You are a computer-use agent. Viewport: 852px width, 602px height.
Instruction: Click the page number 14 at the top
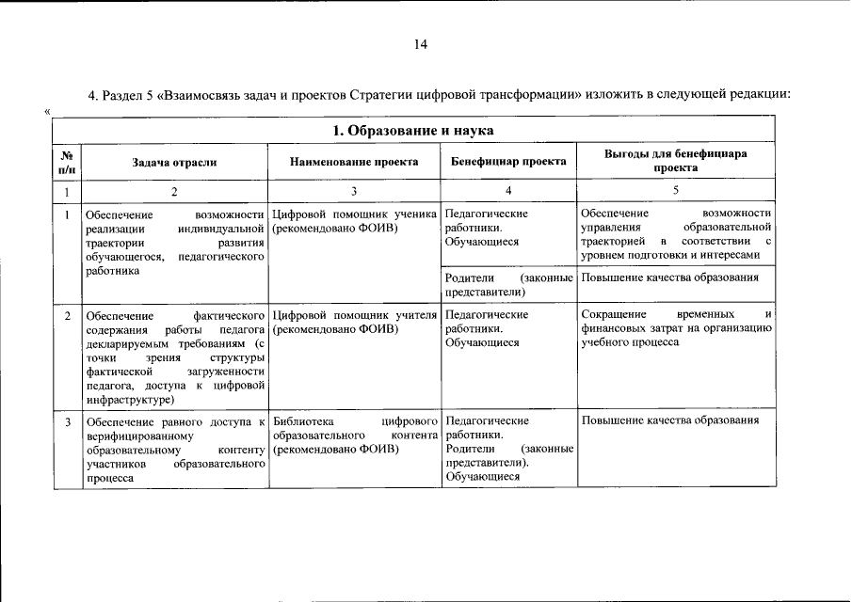421,43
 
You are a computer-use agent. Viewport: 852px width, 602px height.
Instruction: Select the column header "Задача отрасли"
174,162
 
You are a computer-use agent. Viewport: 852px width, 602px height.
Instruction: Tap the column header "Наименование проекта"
354,162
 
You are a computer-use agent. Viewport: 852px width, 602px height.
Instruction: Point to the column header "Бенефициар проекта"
507,162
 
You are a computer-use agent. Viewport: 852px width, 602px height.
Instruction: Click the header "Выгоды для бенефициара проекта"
677,160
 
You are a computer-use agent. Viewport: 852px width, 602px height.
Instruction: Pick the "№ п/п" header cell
67,162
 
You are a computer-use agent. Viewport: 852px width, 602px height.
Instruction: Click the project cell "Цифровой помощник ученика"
354,220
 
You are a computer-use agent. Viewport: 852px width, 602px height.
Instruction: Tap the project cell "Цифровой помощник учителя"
354,321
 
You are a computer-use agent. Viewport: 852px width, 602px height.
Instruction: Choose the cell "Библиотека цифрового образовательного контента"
354,435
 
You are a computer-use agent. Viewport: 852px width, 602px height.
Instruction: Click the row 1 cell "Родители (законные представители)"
508,285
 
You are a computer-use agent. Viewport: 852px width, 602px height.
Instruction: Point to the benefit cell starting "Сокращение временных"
676,327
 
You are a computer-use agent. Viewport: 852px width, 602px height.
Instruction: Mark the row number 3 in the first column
67,421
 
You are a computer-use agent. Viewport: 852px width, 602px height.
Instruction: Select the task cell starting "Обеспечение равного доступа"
174,449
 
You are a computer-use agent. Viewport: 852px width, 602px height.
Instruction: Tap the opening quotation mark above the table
47,111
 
